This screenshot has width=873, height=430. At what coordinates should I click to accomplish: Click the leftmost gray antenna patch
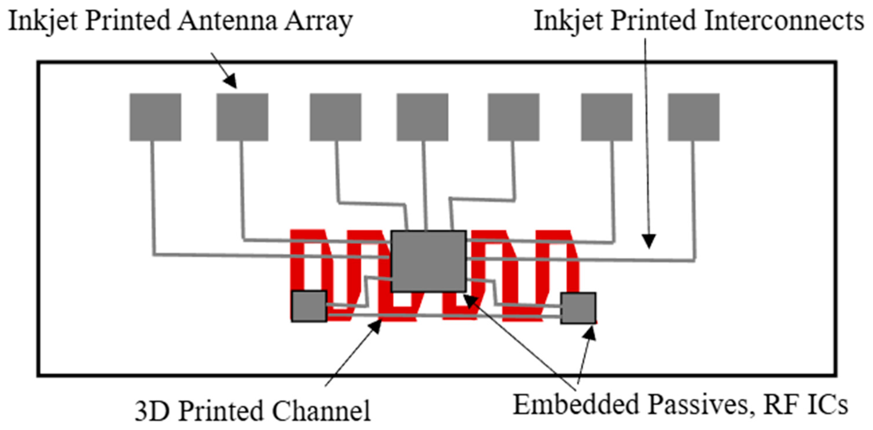click(x=155, y=117)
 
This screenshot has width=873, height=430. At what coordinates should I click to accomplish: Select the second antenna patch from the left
click(x=242, y=117)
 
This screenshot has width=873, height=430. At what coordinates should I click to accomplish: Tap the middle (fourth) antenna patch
click(x=422, y=117)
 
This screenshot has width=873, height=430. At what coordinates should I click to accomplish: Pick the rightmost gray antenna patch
click(x=693, y=117)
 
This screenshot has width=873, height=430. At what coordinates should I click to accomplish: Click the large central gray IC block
click(x=428, y=261)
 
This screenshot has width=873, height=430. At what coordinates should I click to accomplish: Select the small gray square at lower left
click(x=309, y=306)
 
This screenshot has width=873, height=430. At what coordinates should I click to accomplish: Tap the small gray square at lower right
click(x=578, y=308)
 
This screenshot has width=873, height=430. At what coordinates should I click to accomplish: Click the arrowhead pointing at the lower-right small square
click(x=590, y=333)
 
